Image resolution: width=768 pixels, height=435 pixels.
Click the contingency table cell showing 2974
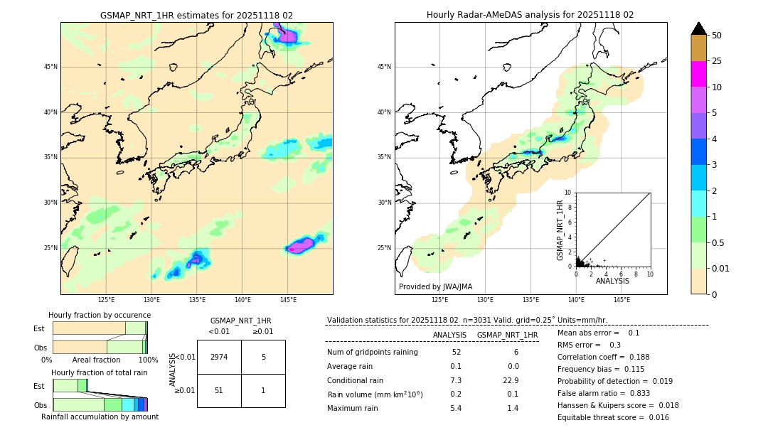tap(219, 357)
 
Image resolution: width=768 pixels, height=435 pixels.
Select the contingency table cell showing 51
tap(219, 390)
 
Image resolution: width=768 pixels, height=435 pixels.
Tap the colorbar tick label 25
tap(717, 61)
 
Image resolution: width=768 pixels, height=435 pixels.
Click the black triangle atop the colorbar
tap(699, 28)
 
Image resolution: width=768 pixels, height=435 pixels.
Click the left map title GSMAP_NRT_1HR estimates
tap(196, 15)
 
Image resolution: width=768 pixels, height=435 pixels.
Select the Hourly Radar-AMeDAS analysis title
tap(530, 15)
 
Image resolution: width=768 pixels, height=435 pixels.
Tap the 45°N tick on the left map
tap(50, 67)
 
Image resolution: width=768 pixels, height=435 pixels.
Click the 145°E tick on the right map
tap(622, 300)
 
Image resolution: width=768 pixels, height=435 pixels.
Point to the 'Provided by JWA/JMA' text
tap(435, 286)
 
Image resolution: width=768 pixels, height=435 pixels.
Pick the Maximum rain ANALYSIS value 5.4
tap(456, 408)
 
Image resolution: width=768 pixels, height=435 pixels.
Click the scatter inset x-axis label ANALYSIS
tap(612, 281)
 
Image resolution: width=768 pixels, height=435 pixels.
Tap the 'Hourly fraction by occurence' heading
tap(100, 315)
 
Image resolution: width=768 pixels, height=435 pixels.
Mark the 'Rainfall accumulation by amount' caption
tap(100, 417)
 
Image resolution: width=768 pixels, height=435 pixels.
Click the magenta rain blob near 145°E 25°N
tap(302, 245)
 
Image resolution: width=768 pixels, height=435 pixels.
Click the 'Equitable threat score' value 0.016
tap(656, 417)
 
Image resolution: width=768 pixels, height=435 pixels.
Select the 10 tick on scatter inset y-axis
tap(568, 193)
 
